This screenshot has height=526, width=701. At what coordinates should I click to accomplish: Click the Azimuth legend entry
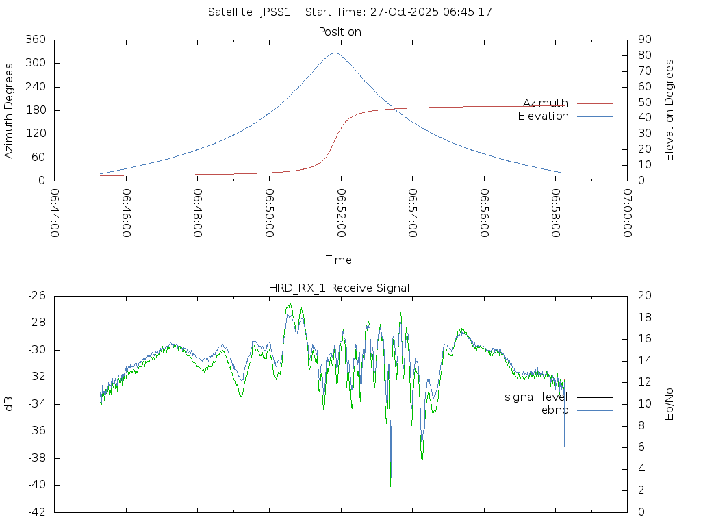coord(546,103)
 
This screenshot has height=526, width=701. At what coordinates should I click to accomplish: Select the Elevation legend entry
coord(543,116)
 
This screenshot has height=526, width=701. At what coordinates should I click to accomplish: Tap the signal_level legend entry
coord(536,397)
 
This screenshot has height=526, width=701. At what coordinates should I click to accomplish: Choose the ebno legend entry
coord(555,410)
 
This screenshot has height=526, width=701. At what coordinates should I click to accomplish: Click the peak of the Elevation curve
coord(335,53)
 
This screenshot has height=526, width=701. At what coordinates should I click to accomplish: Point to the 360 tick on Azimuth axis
coord(36,40)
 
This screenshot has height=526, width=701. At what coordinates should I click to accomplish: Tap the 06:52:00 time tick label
coord(340,213)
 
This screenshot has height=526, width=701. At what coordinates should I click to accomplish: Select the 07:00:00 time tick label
coord(626,213)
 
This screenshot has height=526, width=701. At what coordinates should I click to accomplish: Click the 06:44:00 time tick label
coord(54,213)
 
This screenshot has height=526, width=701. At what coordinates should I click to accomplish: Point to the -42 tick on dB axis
coord(36,512)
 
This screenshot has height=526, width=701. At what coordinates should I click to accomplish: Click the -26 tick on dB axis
coord(36,296)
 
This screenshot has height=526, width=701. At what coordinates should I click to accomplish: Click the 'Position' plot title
coord(340,32)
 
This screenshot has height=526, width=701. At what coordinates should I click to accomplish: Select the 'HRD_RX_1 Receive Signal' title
coord(340,288)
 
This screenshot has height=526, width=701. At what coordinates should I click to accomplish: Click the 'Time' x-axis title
coord(339,260)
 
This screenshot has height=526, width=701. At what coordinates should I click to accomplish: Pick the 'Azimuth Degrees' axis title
coord(9,111)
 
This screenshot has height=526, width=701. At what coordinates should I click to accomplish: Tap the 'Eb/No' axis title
coord(669,403)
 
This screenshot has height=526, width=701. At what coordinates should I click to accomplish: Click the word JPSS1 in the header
coord(275,12)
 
